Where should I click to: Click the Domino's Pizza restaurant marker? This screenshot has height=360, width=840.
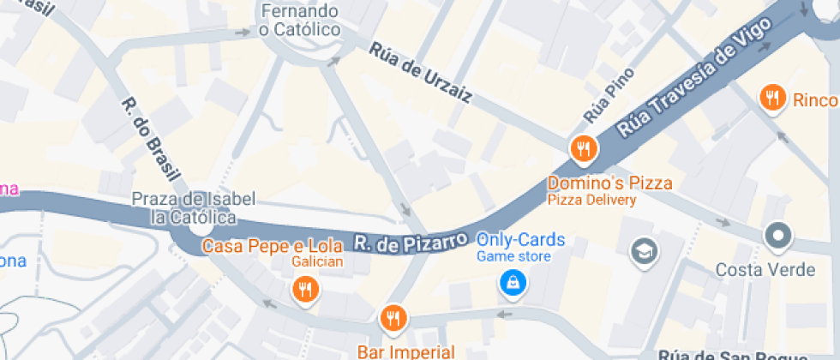584,149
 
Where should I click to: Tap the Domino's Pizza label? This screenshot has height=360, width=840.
609,183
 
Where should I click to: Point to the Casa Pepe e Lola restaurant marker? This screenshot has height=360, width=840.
304,289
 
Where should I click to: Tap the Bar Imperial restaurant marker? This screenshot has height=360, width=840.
393,319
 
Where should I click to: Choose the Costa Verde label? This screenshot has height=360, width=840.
765,269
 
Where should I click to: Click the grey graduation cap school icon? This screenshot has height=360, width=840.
642,251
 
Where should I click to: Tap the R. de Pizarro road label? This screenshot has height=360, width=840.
411,240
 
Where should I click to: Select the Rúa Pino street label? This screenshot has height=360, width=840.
608,93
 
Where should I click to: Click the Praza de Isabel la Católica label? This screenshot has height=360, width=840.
194,207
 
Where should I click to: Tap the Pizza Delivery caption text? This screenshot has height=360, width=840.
591,200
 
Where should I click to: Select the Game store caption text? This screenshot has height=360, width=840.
513,256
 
